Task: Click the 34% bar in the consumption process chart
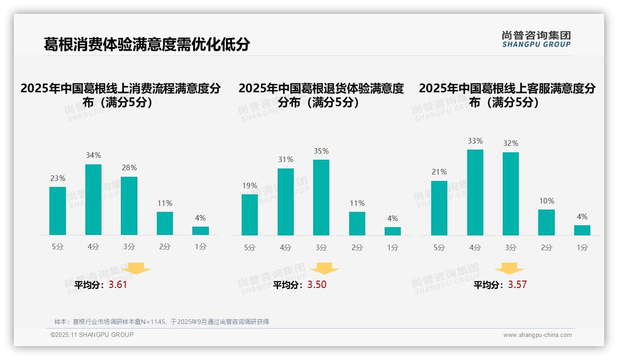pos(93,199)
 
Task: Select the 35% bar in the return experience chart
pos(321,198)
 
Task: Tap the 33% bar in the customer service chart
pos(475,192)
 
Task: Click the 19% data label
pos(250,186)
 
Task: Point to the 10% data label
pos(547,201)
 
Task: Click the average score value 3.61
pos(118,285)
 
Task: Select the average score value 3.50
pos(317,285)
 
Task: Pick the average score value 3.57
pos(517,285)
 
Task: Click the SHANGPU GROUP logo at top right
pos(536,39)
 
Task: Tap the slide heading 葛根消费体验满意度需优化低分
pos(147,44)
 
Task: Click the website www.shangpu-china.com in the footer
pos(537,335)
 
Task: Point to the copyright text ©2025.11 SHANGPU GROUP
pos(92,335)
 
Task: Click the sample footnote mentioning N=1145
pos(161,322)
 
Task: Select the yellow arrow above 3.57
pos(509,269)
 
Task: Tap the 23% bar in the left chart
pos(58,211)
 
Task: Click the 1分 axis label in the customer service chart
pos(582,247)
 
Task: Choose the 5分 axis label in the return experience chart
pos(250,247)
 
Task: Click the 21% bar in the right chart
pos(439,208)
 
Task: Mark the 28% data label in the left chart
pos(129,168)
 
